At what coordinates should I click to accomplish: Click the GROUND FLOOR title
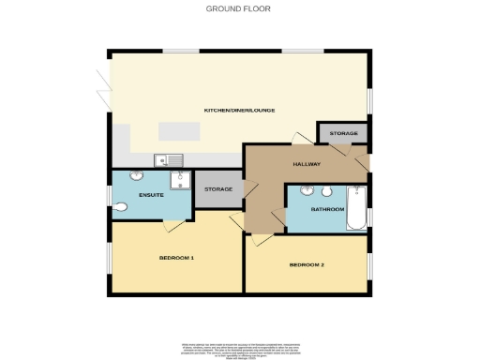click(239, 8)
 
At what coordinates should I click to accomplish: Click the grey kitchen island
click(180, 130)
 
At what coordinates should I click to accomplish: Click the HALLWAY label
click(307, 164)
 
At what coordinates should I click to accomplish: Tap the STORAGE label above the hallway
click(343, 134)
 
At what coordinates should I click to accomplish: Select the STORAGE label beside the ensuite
click(217, 191)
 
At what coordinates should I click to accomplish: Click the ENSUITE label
click(152, 194)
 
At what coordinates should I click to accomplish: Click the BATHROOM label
click(328, 209)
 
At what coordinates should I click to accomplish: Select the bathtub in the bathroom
click(357, 207)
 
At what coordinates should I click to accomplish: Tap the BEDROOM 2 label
click(307, 265)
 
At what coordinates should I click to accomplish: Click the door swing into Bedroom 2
click(262, 241)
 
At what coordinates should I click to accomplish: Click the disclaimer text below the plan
click(239, 349)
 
